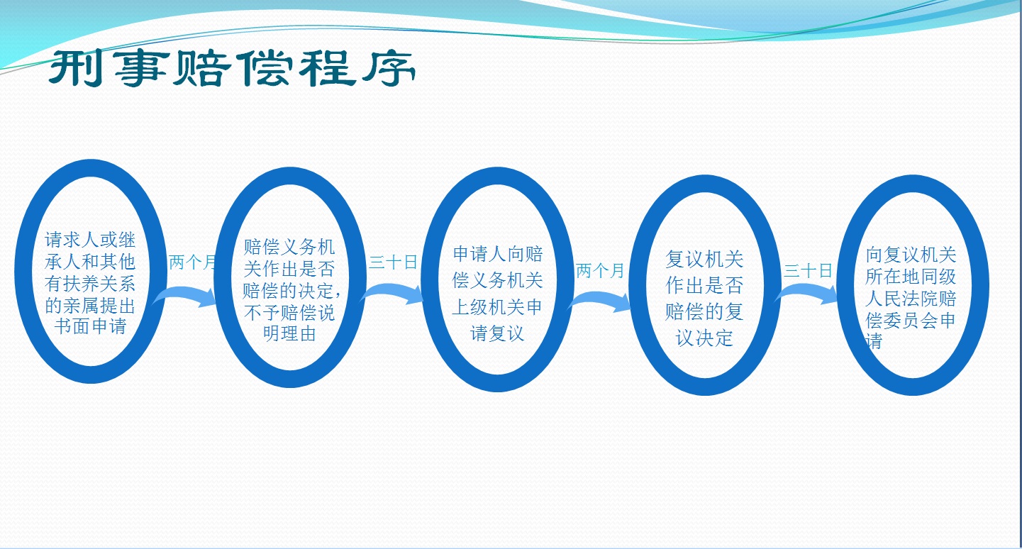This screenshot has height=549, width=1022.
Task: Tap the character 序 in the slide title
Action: (x=388, y=69)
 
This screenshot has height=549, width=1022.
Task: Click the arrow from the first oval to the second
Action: (x=185, y=295)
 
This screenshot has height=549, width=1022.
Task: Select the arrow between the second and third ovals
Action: (x=392, y=293)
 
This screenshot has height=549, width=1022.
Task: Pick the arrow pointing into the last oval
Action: (x=806, y=294)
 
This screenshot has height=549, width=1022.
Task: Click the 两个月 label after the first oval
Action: (x=192, y=262)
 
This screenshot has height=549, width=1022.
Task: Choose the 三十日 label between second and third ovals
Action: (x=393, y=262)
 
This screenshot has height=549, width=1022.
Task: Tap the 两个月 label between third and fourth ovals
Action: (x=600, y=271)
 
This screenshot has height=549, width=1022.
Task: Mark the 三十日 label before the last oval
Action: (x=808, y=271)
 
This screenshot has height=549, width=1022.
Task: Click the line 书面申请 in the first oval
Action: (x=90, y=326)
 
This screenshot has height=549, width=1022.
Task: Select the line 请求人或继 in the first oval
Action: (x=90, y=240)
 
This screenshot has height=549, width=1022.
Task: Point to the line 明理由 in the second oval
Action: (x=289, y=333)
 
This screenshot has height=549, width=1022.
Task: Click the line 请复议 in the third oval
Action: (x=497, y=333)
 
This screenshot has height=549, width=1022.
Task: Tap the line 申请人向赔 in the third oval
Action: (x=498, y=254)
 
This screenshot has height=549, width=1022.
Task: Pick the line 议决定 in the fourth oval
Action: (x=704, y=338)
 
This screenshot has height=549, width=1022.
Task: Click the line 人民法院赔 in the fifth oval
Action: (x=911, y=299)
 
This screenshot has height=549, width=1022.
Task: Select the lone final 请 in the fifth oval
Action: (x=874, y=341)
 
